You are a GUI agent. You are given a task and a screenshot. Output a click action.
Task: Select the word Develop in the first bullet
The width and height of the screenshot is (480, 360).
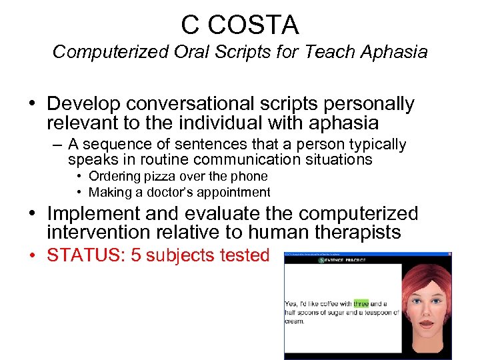point(85,105)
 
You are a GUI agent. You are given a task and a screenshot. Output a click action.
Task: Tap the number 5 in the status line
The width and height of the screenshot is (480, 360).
point(137,256)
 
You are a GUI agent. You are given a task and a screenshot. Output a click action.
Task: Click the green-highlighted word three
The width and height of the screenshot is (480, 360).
point(361,303)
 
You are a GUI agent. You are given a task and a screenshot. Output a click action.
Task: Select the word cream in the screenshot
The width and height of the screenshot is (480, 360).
point(294,321)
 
